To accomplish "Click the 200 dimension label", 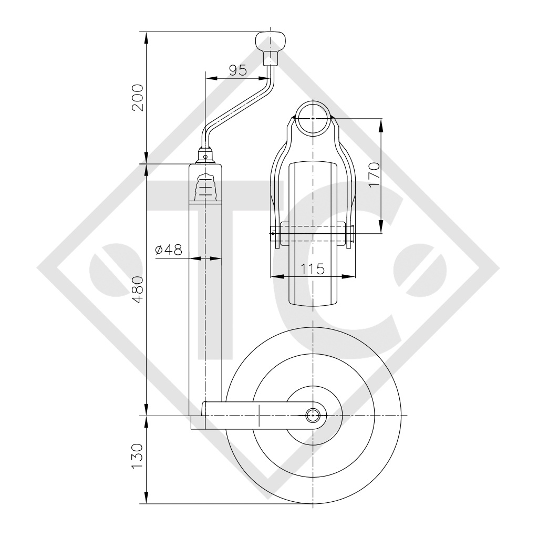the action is [138, 97].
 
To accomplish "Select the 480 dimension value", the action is [138, 289].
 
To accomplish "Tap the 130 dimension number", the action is [138, 457].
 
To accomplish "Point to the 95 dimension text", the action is [238, 70].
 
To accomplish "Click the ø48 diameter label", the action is [168, 250].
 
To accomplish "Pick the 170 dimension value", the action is [374, 174].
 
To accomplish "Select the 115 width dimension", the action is [312, 269].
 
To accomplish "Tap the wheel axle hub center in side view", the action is [313, 416].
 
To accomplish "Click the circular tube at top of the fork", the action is [313, 118].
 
